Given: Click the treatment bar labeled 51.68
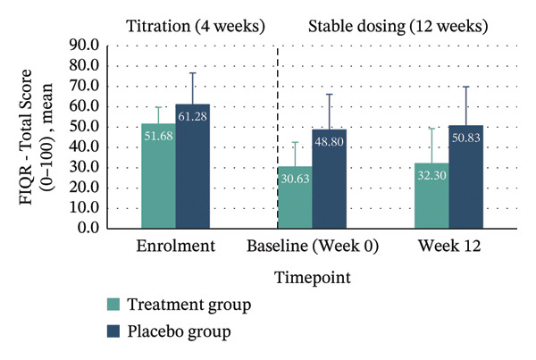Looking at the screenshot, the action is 159,176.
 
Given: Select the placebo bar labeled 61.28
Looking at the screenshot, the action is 193,166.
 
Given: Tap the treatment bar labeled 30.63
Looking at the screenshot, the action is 295,197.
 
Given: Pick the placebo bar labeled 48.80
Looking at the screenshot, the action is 329,179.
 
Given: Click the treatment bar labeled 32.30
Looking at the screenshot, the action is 431,196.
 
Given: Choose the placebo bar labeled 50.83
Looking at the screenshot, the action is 466,177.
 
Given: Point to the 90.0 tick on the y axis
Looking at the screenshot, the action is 84,46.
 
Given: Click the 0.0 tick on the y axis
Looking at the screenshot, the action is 88,228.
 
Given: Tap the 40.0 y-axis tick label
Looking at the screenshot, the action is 84,147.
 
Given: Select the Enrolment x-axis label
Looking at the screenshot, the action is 176,246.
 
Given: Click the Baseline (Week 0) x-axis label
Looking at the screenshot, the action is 313,247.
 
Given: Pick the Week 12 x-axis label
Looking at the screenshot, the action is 449,246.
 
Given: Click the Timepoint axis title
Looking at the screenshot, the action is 313,278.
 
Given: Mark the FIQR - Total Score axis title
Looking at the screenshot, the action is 26,137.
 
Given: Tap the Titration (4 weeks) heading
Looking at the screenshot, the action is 196,26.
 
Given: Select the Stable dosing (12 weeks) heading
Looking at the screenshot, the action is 398,26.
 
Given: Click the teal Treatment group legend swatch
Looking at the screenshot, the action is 113,305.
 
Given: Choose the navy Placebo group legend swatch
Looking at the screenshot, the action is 113,331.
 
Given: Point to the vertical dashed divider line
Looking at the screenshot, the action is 278,137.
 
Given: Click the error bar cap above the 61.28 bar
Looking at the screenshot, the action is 193,73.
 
